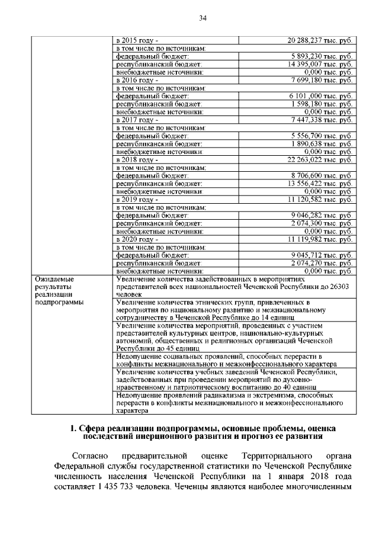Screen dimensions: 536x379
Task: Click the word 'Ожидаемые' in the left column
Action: coord(52,278)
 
